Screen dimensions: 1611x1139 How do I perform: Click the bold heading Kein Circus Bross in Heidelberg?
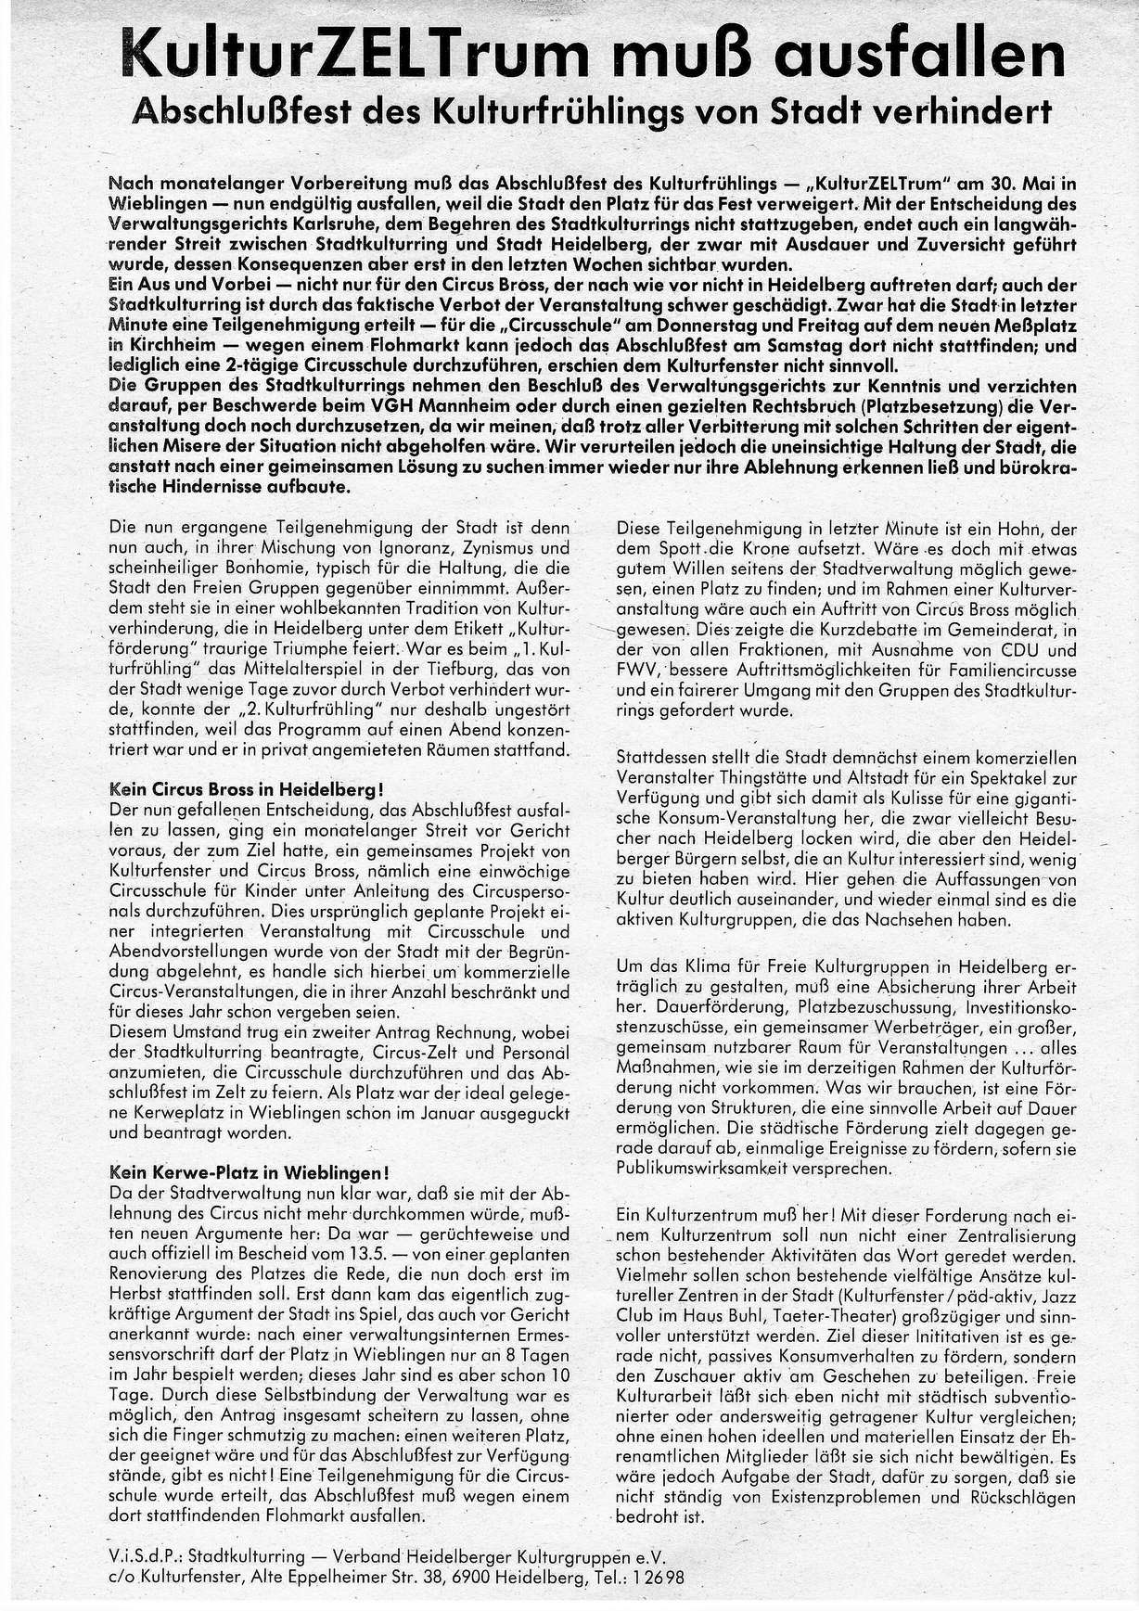[x=246, y=790]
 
